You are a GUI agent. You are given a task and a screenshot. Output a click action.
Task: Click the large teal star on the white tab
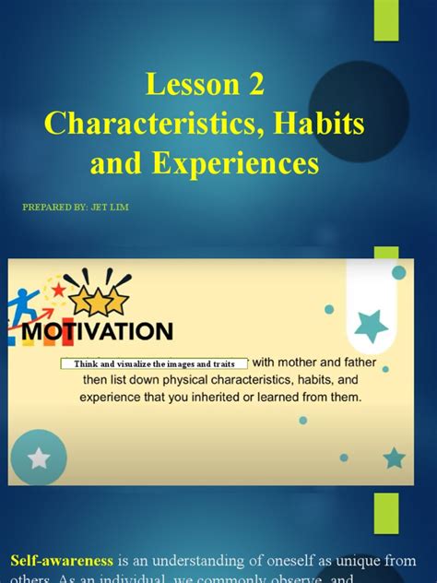click(x=371, y=324)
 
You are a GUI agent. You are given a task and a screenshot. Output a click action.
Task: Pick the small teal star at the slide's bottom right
click(x=394, y=458)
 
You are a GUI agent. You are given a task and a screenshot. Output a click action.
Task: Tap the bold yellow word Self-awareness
click(x=62, y=560)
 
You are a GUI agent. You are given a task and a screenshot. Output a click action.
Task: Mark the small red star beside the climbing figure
click(x=59, y=290)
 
